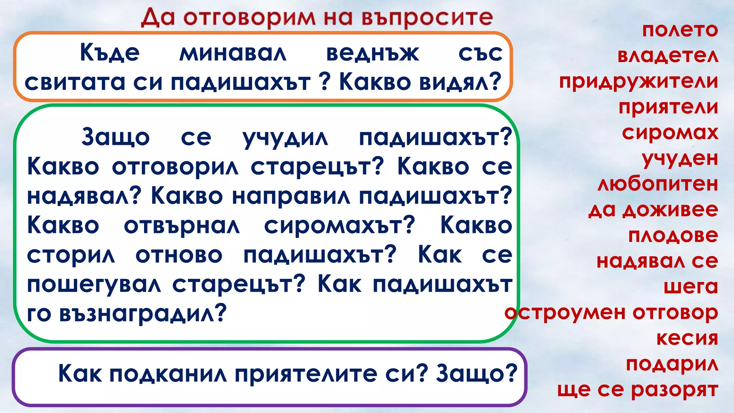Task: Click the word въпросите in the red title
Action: (427, 18)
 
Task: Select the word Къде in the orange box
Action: (110, 53)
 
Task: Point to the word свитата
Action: (75, 82)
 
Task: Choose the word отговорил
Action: (175, 167)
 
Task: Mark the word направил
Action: (291, 196)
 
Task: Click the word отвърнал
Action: (182, 226)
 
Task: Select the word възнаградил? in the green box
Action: (143, 313)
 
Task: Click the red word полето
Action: (680, 30)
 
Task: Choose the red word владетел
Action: (668, 56)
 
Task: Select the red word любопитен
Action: (658, 184)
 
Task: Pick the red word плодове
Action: (673, 236)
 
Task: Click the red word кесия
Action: (687, 338)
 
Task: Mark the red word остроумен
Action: (565, 313)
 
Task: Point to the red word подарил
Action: (672, 364)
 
